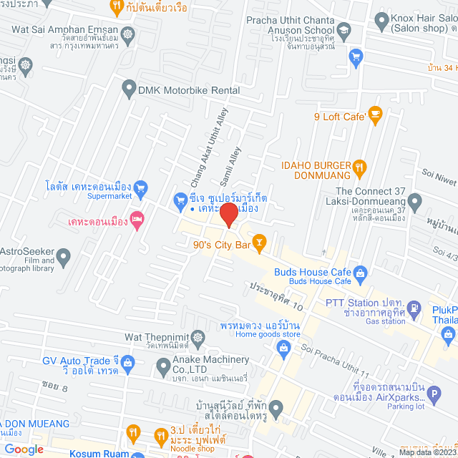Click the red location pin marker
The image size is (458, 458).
[x=228, y=214]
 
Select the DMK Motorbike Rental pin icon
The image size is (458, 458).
[x=129, y=89]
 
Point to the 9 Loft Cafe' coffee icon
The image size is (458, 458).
[x=375, y=114]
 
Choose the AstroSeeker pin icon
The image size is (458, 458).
[x=64, y=255]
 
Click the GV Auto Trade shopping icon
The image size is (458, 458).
[x=128, y=364]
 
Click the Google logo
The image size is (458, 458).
[x=23, y=449]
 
